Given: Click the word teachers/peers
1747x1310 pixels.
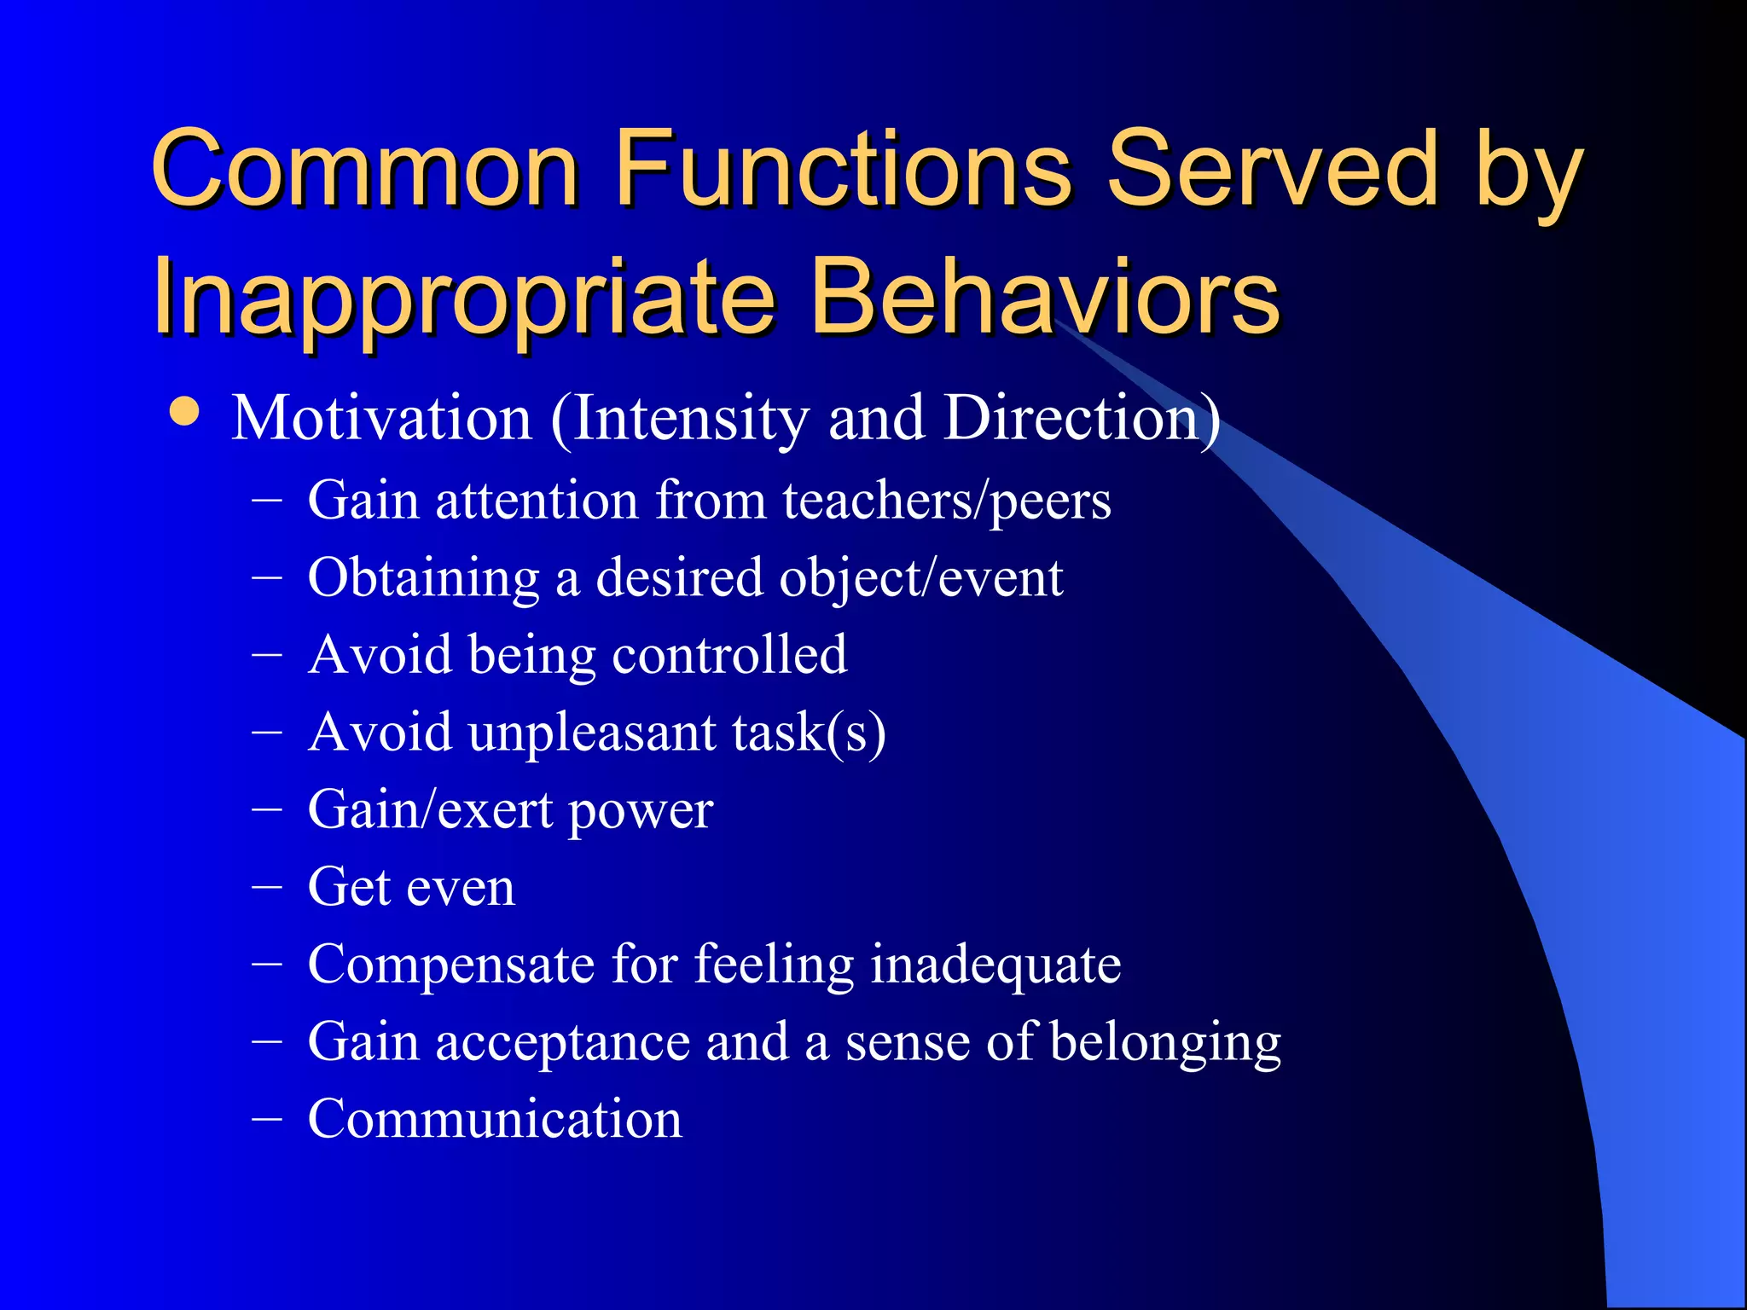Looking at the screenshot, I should tap(947, 501).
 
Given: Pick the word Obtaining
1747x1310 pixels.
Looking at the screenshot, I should tap(423, 578).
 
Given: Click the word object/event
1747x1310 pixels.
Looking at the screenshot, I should tap(921, 578).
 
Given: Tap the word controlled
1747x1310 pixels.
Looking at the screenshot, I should tap(729, 655).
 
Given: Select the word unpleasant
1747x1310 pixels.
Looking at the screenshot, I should tap(592, 733).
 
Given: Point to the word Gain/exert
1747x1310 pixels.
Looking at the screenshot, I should tap(431, 810).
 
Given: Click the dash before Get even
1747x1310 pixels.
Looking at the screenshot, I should tap(267, 887).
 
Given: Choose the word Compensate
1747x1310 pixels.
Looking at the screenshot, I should tap(450, 965).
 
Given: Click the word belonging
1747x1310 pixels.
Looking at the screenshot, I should tap(1165, 1042).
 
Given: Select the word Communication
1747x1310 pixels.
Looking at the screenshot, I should tap(495, 1119).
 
